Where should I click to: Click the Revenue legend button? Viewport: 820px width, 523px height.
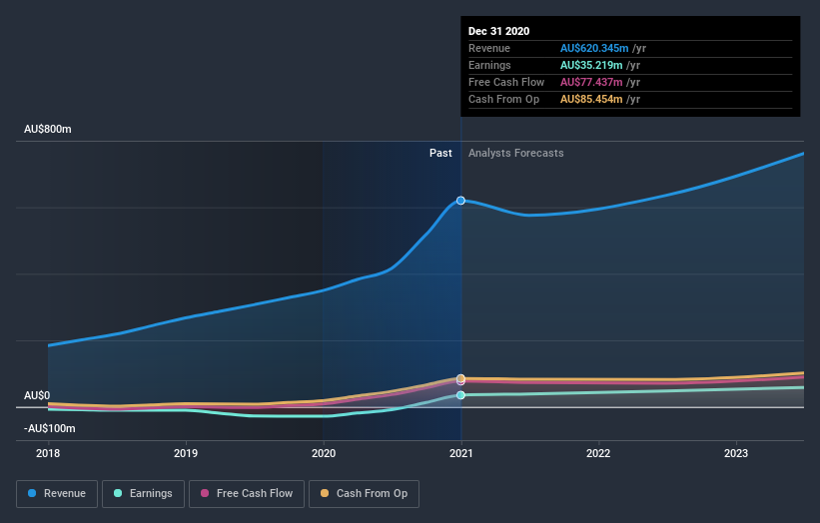click(57, 493)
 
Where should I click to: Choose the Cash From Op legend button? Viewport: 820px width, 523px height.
click(364, 493)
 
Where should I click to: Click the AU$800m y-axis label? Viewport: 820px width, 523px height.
click(48, 130)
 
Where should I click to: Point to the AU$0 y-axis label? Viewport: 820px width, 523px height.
click(37, 396)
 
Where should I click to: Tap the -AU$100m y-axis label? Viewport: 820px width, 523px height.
click(51, 428)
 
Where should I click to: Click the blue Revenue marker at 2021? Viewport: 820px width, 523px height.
click(460, 201)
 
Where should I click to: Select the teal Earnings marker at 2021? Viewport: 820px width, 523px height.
click(460, 395)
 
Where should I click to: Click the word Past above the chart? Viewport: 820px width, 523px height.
click(440, 154)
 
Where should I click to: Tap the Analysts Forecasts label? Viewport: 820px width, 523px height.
click(515, 154)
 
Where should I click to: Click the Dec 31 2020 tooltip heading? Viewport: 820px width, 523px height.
click(500, 31)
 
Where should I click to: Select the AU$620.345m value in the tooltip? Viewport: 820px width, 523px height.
click(596, 48)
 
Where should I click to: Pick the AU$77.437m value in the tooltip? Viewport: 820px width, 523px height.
click(592, 82)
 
